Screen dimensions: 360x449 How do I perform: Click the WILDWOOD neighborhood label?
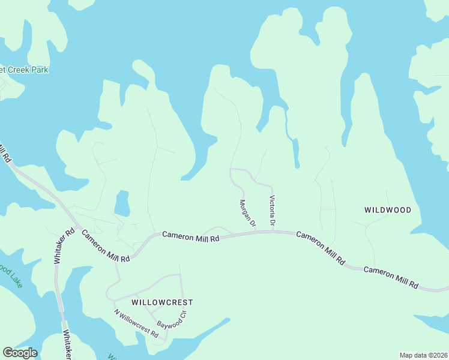coord(388,210)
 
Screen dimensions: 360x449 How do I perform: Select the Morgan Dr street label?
coord(248,214)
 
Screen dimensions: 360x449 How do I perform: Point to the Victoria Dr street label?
coord(272,211)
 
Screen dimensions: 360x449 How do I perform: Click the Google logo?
coord(20,353)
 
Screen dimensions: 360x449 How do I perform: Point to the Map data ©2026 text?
coord(423,355)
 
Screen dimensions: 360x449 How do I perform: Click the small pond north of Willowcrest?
coord(122,203)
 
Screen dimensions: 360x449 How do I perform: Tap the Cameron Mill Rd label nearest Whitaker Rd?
coord(106,246)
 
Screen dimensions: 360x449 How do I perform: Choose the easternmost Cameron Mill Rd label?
coord(391,277)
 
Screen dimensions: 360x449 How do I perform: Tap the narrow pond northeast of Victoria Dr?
coord(295,153)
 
